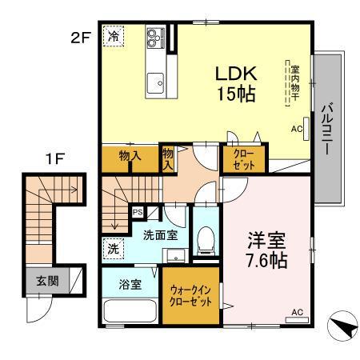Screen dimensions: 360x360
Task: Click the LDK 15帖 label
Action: pos(234,82)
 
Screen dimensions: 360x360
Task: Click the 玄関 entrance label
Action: pos(46,281)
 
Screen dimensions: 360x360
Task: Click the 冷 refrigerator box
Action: pos(114,36)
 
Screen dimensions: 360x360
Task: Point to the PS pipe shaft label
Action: pos(138,213)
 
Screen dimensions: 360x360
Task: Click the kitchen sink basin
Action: pos(154,82)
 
